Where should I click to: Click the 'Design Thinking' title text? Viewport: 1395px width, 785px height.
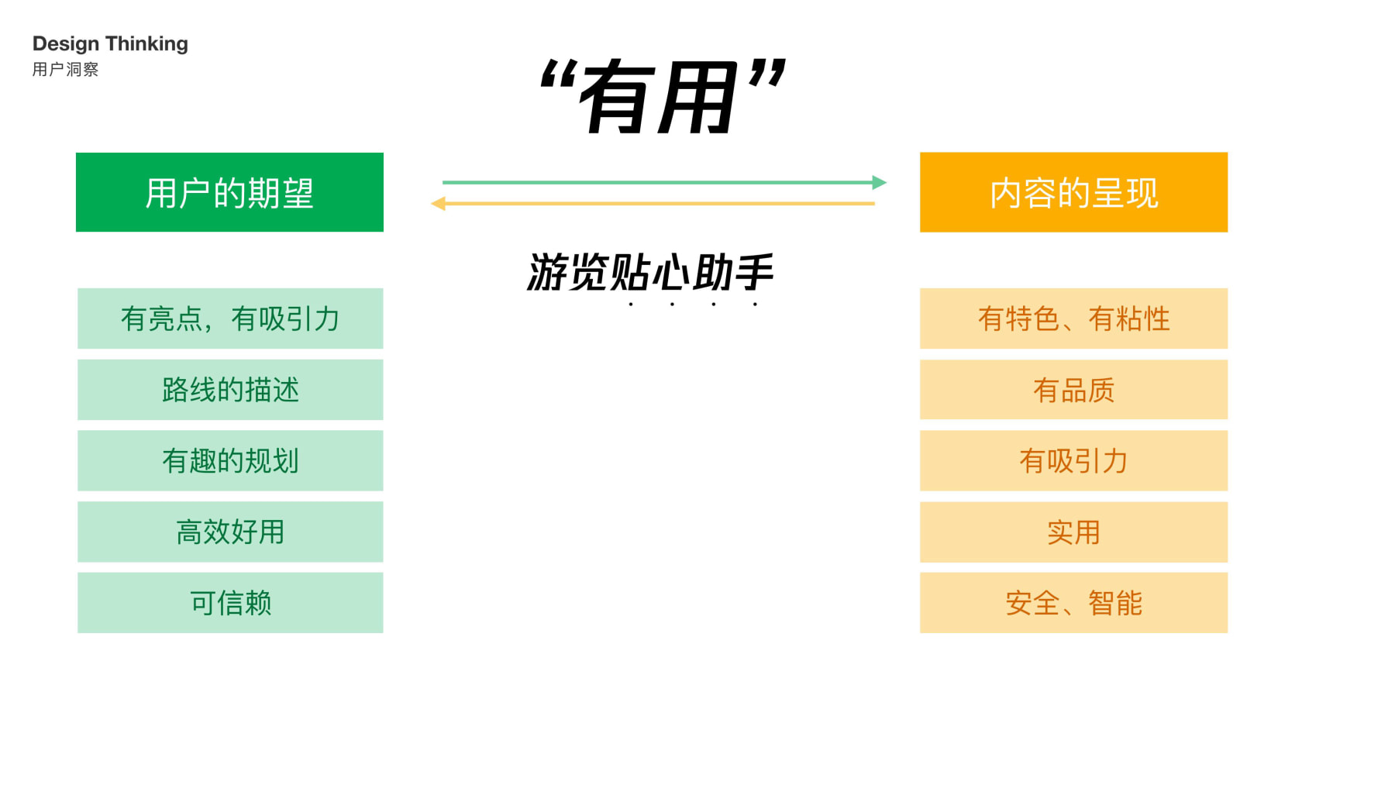110,44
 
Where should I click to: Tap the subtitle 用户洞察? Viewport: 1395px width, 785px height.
66,70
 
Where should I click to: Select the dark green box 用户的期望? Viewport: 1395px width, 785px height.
229,192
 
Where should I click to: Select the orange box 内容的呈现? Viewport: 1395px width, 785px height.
1073,192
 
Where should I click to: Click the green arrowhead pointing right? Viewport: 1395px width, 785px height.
879,182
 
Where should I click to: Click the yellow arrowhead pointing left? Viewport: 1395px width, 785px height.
439,204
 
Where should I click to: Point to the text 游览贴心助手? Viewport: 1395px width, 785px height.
650,273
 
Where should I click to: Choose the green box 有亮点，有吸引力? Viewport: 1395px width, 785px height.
230,318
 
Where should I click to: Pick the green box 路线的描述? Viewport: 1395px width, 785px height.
230,390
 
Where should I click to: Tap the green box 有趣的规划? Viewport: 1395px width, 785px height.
230,461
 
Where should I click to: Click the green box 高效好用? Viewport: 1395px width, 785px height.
230,532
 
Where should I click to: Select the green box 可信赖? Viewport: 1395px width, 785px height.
230,603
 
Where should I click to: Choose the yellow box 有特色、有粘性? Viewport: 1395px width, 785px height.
1073,318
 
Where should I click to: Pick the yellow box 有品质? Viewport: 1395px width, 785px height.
1073,390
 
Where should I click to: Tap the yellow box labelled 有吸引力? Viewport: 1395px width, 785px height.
1073,461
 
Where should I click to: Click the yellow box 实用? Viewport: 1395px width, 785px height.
1073,532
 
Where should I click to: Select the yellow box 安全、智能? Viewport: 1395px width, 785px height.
1073,603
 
